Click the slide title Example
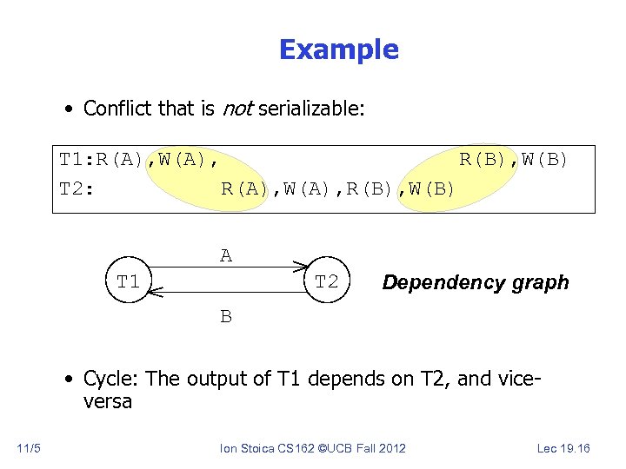(338, 50)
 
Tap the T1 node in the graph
(129, 282)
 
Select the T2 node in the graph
(327, 282)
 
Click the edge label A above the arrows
(226, 255)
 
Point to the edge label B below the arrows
(226, 317)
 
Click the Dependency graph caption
(476, 282)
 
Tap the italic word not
(237, 109)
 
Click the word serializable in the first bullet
(310, 109)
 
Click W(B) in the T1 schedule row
(545, 159)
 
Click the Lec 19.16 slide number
(563, 448)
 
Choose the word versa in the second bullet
(108, 401)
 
